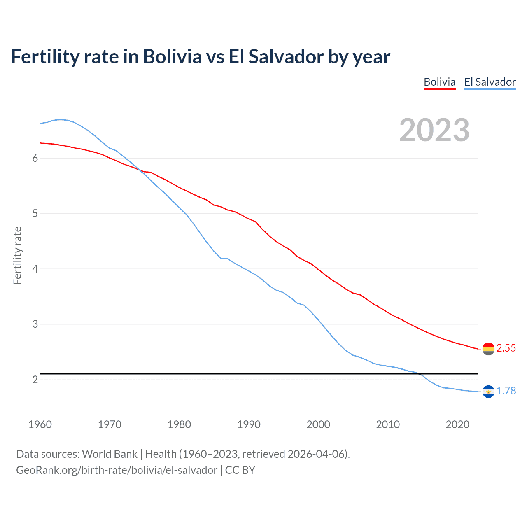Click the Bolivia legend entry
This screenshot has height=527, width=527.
tap(439, 82)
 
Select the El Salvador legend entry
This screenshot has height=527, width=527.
tap(490, 82)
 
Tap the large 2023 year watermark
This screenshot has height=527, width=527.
tap(434, 130)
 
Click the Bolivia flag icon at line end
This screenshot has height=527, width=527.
tap(488, 349)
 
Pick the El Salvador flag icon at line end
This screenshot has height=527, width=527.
tap(488, 391)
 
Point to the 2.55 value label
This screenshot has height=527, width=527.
tap(506, 348)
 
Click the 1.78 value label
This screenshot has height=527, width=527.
tap(506, 391)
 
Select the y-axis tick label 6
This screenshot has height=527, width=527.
tap(35, 159)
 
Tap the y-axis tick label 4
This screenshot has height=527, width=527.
tap(35, 269)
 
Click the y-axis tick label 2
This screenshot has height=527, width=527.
tap(35, 380)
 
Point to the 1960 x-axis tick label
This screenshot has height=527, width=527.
tap(40, 424)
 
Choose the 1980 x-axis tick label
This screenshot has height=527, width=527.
tap(179, 424)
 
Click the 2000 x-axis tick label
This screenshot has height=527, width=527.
tap(318, 424)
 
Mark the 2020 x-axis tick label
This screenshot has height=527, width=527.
tap(457, 424)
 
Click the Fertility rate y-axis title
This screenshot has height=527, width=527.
tap(17, 255)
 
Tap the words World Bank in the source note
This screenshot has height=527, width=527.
tap(110, 454)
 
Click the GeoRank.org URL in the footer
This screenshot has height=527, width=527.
tap(117, 470)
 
